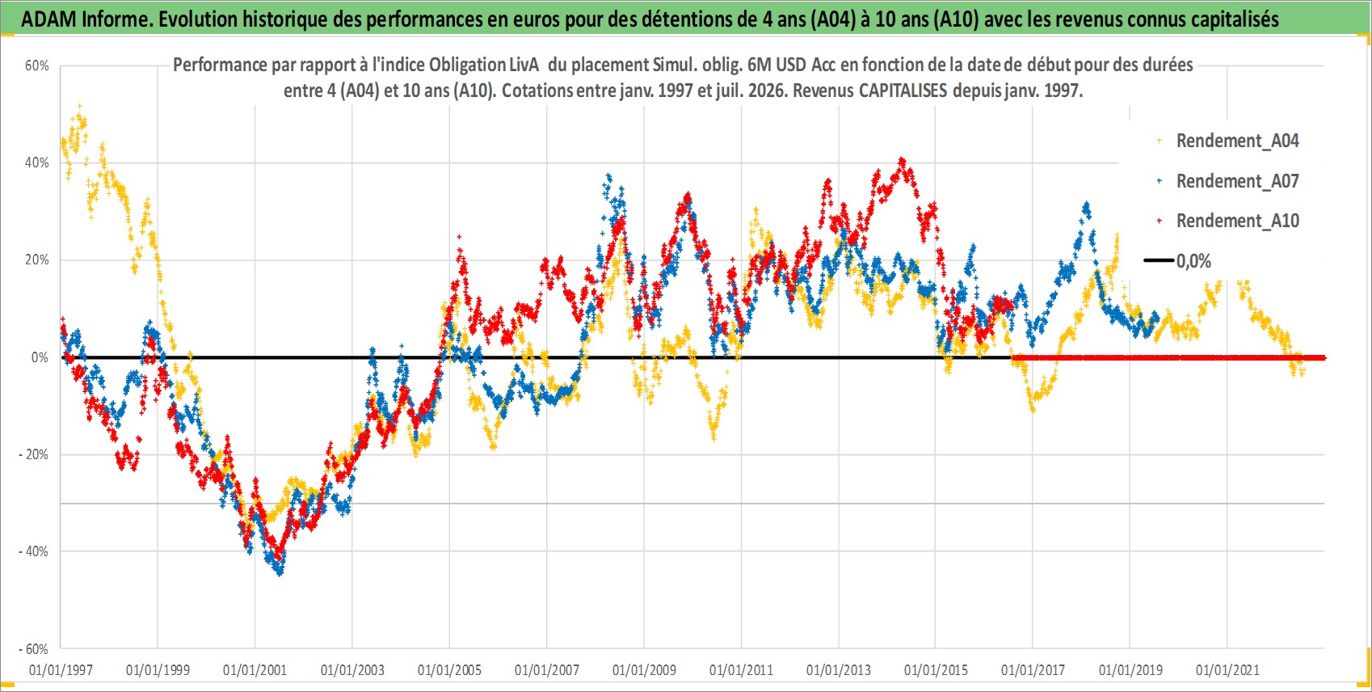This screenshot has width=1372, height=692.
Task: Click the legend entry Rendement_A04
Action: point(1228,141)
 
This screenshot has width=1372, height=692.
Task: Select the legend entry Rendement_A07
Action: point(1228,181)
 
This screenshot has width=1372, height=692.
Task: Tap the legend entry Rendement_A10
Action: point(1228,221)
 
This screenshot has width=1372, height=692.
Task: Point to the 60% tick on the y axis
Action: point(36,65)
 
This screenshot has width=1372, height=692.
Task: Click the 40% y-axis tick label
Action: point(36,162)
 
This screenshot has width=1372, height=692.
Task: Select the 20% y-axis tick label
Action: point(36,259)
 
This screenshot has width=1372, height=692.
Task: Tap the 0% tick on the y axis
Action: point(40,357)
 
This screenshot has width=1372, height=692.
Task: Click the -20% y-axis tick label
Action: point(34,454)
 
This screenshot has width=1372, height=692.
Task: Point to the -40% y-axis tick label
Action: point(34,551)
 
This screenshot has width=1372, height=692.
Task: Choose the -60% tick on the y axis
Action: point(34,648)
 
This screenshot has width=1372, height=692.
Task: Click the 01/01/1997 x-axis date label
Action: point(61,670)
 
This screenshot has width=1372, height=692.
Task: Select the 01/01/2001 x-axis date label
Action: point(255,670)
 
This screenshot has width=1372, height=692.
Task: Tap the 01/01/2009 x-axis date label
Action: point(644,670)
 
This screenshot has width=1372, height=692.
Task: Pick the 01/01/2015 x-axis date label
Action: point(936,670)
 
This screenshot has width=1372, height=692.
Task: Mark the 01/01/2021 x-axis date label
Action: point(1227,670)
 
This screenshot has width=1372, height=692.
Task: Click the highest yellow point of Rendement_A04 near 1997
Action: point(80,107)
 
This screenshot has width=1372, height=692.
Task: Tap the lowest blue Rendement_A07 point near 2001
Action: point(280,574)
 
